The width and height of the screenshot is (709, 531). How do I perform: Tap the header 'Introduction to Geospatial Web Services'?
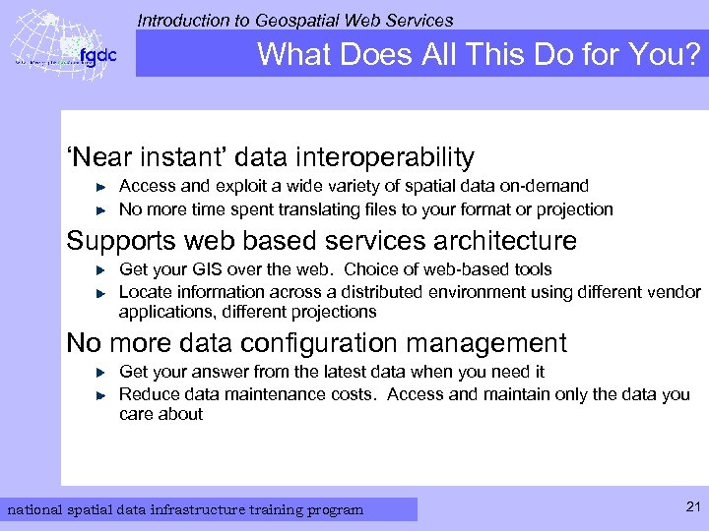coord(295,20)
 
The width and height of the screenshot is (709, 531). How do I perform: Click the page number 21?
coord(691,506)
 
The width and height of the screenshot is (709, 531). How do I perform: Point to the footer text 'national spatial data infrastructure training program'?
coord(185,509)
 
